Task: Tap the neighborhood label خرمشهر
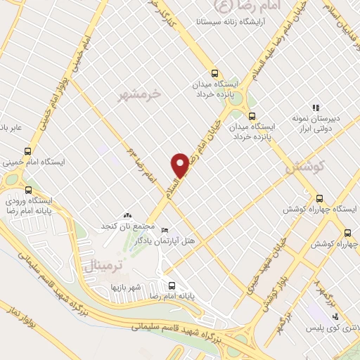point(141,93)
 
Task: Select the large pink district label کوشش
point(304,167)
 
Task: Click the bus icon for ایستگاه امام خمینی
point(27,150)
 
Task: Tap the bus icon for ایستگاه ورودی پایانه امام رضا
point(27,189)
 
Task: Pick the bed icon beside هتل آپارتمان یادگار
point(165,230)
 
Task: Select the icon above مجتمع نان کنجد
point(127,214)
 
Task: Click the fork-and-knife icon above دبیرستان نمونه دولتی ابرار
point(316,108)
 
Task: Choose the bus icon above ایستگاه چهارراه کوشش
point(320,199)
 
